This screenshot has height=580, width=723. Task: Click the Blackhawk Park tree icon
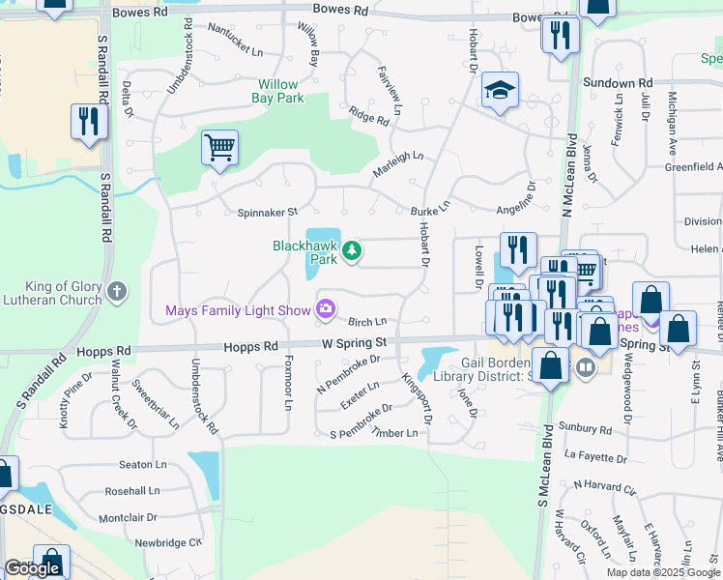point(354,251)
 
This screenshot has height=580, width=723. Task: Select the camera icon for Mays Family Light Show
point(326,309)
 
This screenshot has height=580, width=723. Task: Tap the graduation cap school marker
point(500,91)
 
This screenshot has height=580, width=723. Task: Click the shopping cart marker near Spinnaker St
point(219,149)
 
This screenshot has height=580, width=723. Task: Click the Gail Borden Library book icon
point(584,367)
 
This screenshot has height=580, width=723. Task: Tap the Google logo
point(32,568)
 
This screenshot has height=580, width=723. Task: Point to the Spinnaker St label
point(266,212)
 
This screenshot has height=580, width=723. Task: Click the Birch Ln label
point(367,322)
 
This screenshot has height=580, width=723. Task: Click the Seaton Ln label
point(136,465)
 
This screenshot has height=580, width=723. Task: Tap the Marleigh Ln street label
point(397,164)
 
